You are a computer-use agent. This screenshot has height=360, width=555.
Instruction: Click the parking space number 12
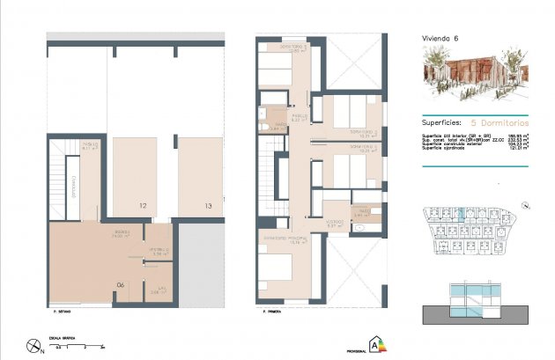click(141, 206)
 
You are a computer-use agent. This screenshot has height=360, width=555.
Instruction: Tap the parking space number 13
click(208, 206)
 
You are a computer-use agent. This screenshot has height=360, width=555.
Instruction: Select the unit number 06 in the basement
click(122, 284)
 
